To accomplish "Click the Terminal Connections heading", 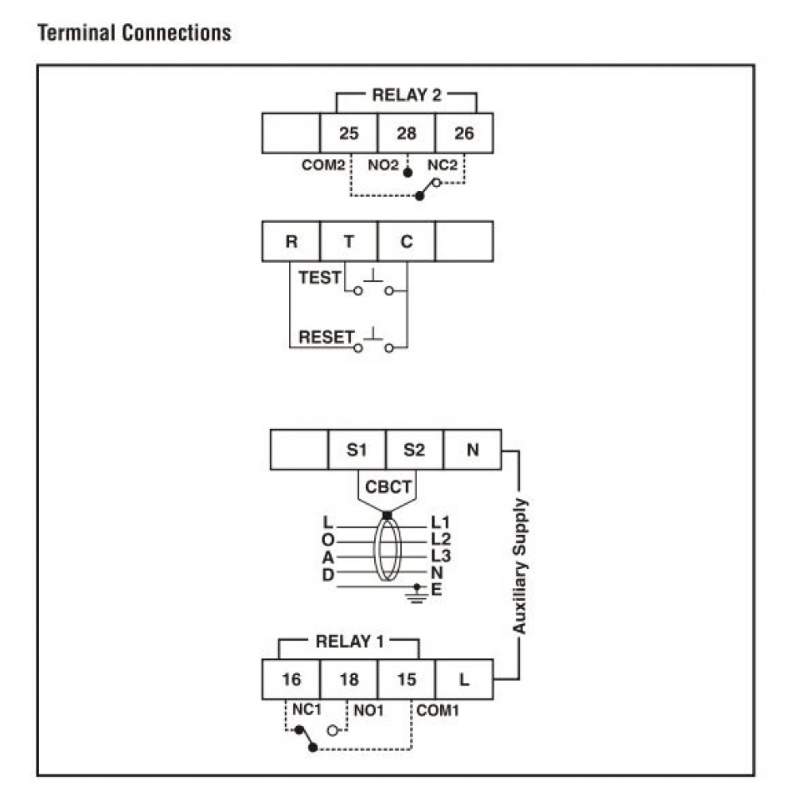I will pos(134,33).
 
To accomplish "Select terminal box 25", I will pos(349,133).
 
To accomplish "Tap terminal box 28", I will pos(406,133).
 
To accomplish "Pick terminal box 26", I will pos(463,133).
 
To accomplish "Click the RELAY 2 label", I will pos(406,96).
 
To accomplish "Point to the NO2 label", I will pos(384,166).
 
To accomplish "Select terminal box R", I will pos(291,241).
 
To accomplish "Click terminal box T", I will pos(349,241).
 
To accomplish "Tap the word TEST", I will pos(319,279).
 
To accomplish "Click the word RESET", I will pos(325,337).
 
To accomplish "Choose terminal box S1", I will pos(357,450).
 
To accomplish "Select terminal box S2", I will pos(414,450).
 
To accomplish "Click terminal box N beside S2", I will pos(472,450).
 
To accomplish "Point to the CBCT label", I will pos(387,486).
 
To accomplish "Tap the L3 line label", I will pos(440,556).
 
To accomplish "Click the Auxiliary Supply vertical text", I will pos(519,566).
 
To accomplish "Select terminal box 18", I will pos(349,680).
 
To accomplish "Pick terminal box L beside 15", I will pos(464,680).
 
